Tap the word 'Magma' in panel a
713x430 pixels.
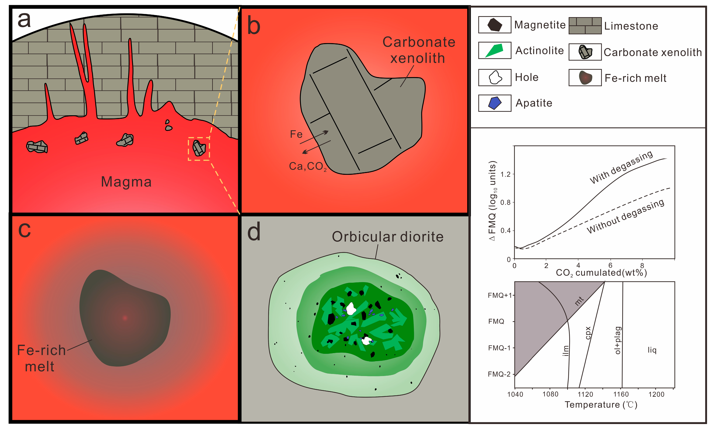pyautogui.click(x=126, y=182)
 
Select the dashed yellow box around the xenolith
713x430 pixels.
pyautogui.click(x=199, y=149)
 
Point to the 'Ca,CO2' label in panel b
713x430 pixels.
pyautogui.click(x=308, y=166)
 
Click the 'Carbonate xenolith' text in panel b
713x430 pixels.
pyautogui.click(x=418, y=50)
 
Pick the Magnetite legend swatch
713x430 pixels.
pyautogui.click(x=495, y=25)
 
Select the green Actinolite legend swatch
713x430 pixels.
pyautogui.click(x=495, y=50)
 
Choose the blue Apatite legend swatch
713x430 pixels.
pyautogui.click(x=495, y=103)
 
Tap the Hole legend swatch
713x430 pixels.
pyautogui.click(x=495, y=77)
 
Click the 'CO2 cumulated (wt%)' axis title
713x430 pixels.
pyautogui.click(x=601, y=273)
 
